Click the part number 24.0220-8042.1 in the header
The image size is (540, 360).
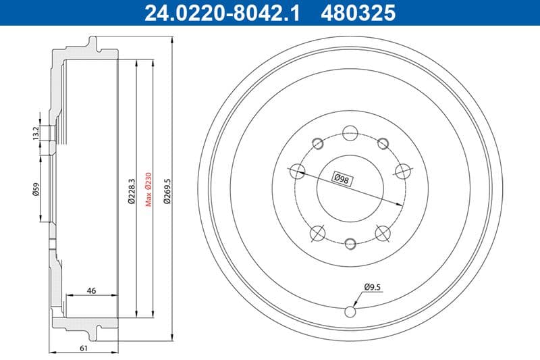220,11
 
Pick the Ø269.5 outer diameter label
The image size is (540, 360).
165,188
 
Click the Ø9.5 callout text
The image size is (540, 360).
373,287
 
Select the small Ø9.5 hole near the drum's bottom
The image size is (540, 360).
350,311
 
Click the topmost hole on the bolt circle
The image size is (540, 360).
350,132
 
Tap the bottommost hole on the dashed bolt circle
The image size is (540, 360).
350,244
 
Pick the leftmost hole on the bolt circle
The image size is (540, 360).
295,172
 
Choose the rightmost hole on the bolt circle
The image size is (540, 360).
403,172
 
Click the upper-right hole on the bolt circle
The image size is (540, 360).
383,143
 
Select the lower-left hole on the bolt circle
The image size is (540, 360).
316,234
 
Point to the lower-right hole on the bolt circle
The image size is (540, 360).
383,234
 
